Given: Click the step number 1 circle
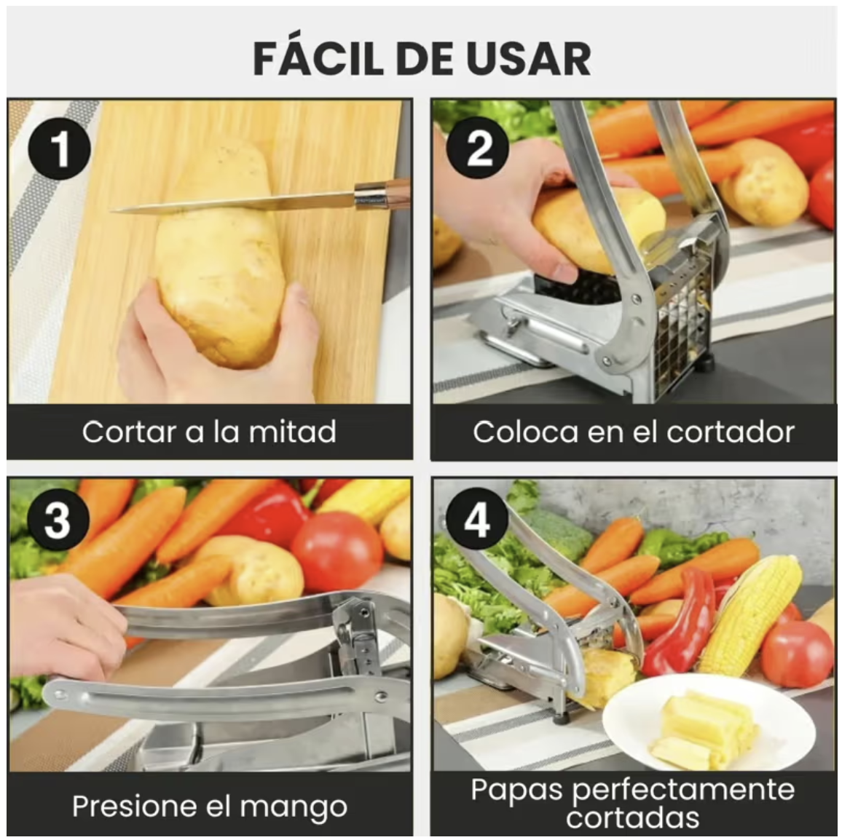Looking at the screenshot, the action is tap(60, 150).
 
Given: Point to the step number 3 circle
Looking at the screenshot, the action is tap(58, 520).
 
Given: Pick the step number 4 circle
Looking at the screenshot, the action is tap(477, 520).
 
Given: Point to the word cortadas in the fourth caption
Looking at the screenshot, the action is tap(632, 817).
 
